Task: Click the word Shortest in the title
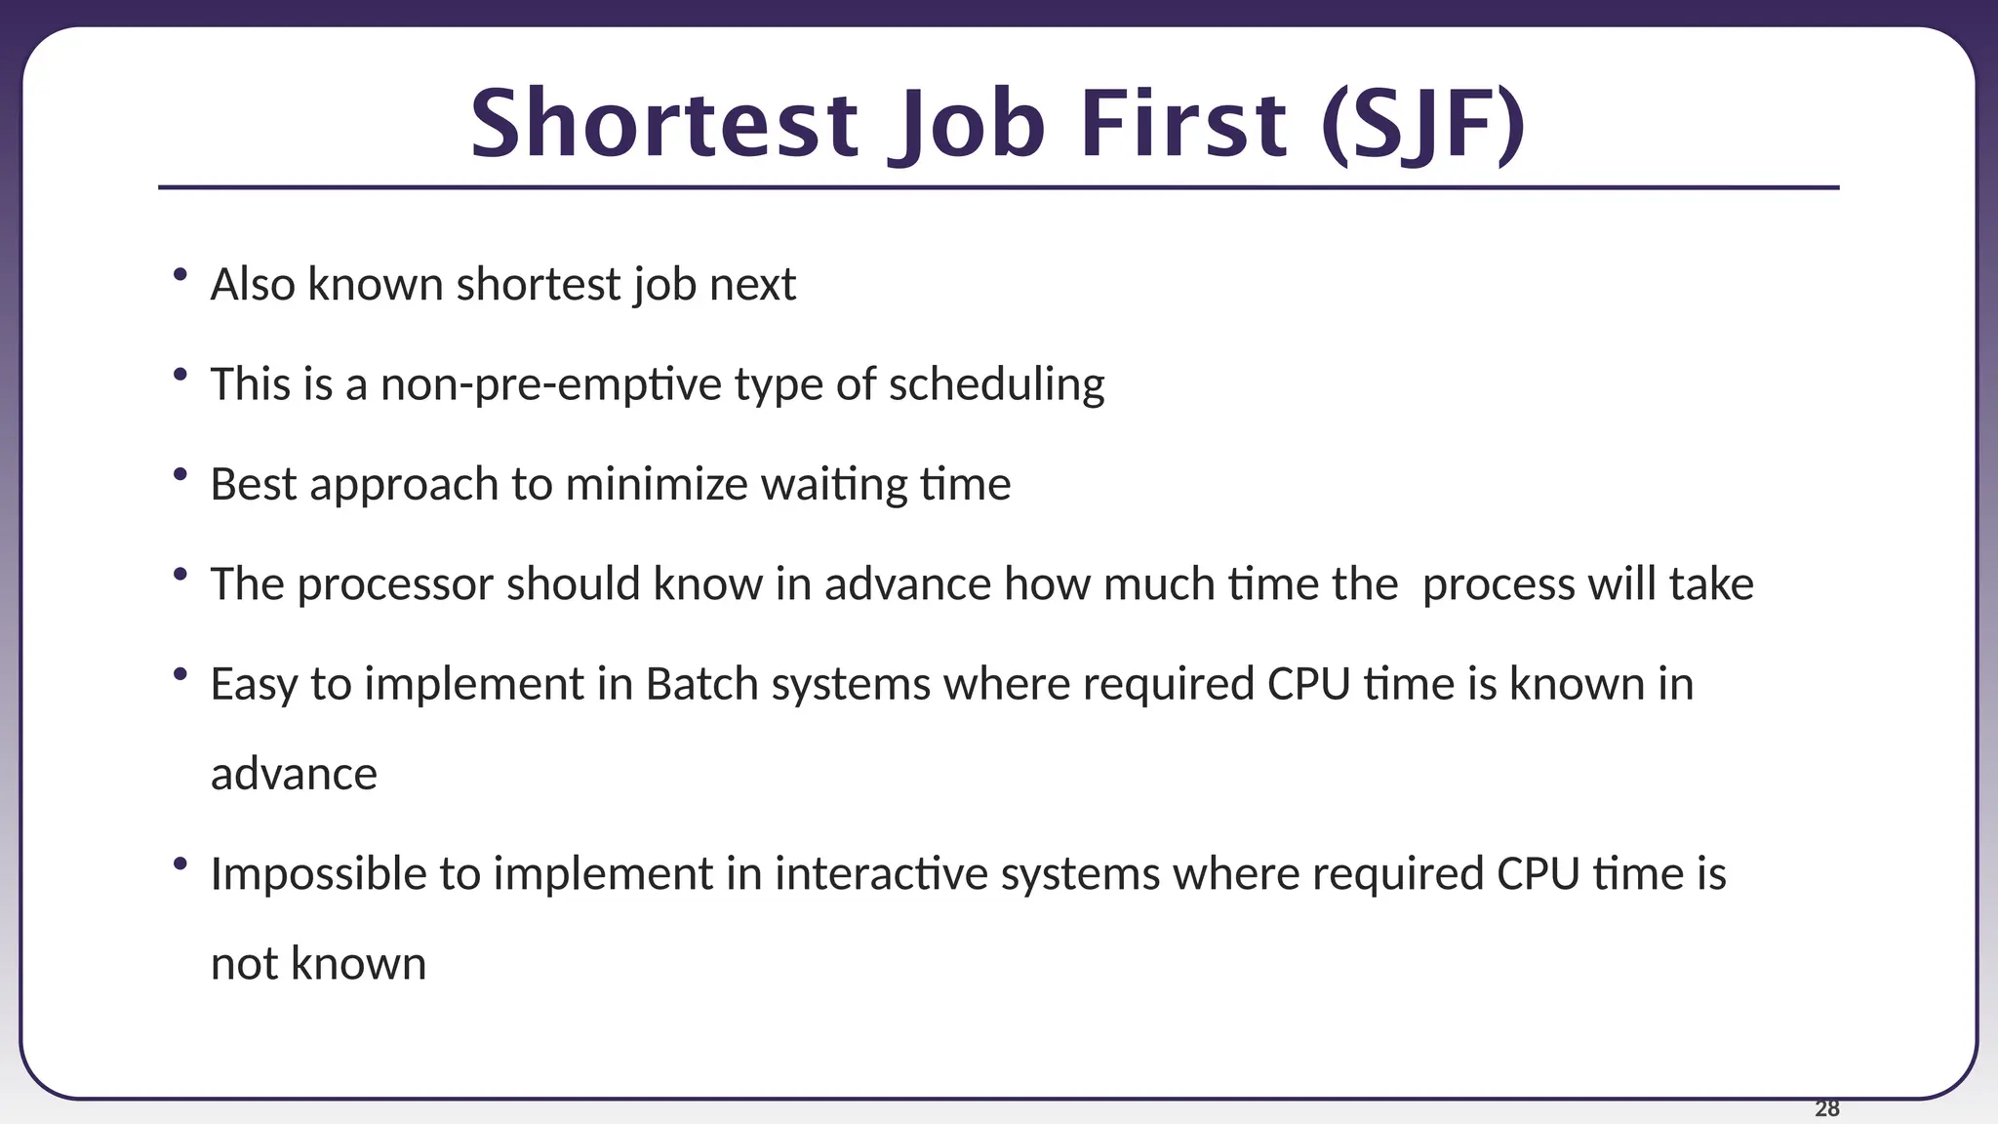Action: click(x=663, y=125)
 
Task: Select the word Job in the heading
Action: click(x=967, y=125)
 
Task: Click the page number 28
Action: click(x=1826, y=1108)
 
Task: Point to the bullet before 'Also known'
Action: click(x=180, y=275)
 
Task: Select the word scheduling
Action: click(x=996, y=384)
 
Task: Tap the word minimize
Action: click(x=656, y=484)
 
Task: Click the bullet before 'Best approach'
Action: click(x=180, y=474)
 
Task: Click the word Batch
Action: click(x=701, y=684)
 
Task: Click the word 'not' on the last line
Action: click(x=245, y=964)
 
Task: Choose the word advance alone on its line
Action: click(x=294, y=775)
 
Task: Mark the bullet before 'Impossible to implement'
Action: click(x=180, y=863)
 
